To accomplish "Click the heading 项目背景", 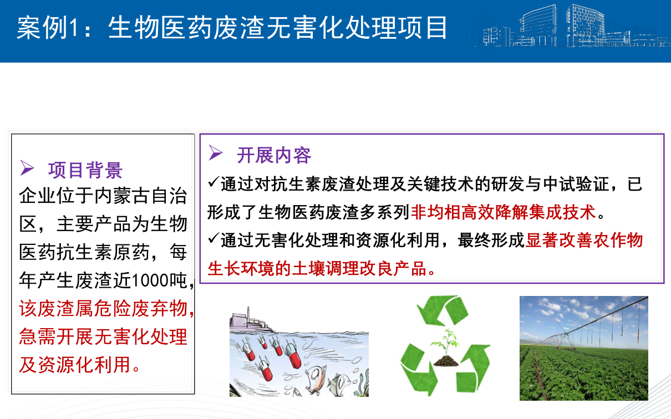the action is tap(85, 170).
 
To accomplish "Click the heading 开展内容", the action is tap(274, 155).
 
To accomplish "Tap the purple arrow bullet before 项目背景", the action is tap(27, 167).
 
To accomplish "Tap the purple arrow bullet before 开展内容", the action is tap(216, 152).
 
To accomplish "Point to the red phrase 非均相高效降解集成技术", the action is tap(504, 212).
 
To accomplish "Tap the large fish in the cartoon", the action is tap(314, 379).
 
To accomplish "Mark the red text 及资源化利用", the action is tap(75, 365).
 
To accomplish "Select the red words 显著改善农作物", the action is tap(584, 241).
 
